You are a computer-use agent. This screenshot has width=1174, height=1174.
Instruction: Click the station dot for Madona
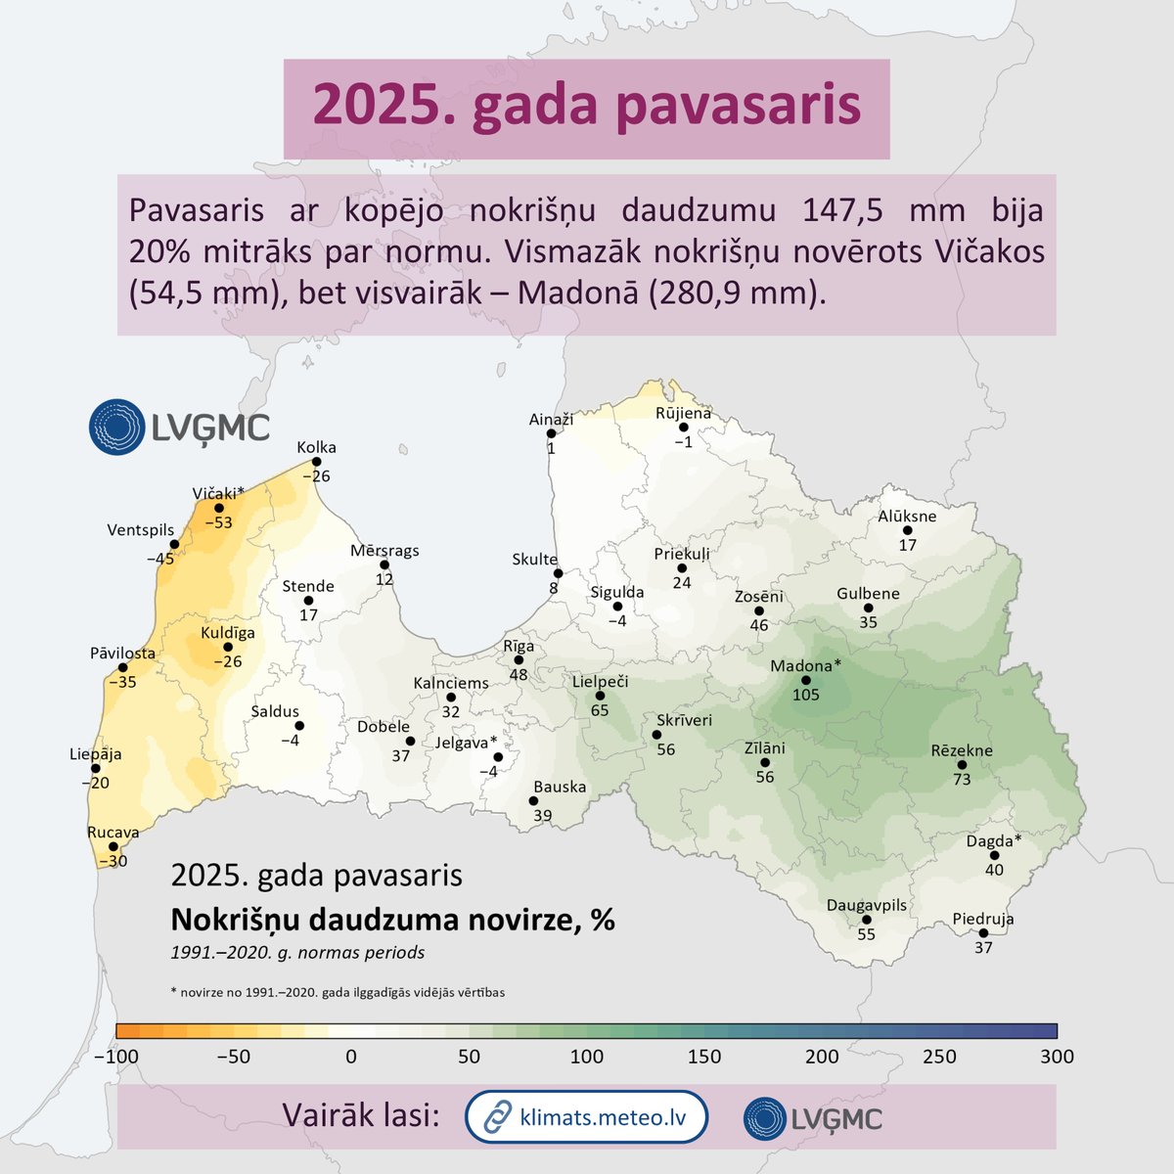coord(805,680)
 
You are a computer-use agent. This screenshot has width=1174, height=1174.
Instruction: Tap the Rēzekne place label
coord(961,750)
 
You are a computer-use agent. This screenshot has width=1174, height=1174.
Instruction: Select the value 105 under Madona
coord(805,696)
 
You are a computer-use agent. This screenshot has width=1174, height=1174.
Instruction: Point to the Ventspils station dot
coord(174,545)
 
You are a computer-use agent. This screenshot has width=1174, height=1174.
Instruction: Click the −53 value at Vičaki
coord(216,523)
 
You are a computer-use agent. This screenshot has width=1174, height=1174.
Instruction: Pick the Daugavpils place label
coord(867,905)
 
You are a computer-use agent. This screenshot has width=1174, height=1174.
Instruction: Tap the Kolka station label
coord(316,447)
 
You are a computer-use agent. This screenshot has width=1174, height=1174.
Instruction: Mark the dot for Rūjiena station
coord(683,428)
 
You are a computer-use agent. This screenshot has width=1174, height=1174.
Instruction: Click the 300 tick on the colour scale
coord(1057,1057)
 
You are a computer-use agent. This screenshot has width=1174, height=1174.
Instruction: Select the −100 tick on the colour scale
coord(116,1057)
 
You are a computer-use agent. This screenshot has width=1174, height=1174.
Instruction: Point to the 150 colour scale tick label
coord(704,1057)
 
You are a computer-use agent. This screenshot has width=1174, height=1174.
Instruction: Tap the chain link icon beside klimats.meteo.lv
coord(499,1116)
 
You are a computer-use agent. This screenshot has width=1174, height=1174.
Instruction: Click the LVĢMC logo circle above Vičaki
coord(116,427)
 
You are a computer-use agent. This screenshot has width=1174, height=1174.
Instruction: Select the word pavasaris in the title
coord(740,107)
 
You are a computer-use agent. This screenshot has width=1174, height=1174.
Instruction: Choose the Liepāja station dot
coord(95,769)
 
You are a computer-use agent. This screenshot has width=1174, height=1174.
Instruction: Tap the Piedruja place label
coord(983,919)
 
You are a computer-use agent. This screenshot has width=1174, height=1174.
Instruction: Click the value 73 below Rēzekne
coord(962,779)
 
